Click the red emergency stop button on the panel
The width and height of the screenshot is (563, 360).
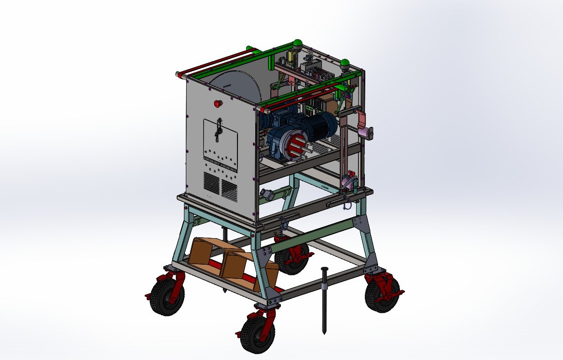click(x=218, y=103)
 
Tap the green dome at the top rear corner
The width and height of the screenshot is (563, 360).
click(x=298, y=44)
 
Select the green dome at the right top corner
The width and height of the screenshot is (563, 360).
click(x=345, y=63)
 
